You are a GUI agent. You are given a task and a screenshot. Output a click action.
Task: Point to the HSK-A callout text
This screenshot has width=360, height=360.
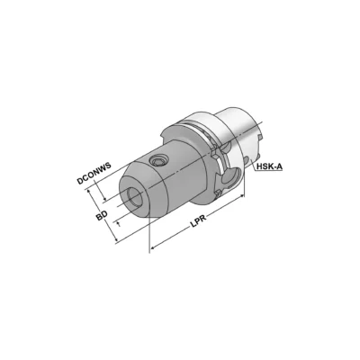point(267,167)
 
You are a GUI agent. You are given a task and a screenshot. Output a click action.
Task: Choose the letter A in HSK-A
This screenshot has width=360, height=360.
point(278,167)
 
